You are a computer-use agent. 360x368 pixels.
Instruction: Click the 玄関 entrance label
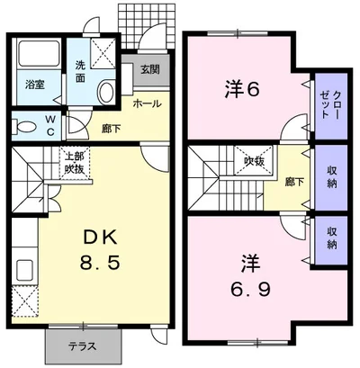coord(150,70)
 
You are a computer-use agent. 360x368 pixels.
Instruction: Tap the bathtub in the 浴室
coord(40,53)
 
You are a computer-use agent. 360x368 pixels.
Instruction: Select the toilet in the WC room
coord(24,127)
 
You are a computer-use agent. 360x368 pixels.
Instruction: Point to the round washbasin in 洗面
coord(105,91)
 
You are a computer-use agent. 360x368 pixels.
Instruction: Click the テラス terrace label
coord(83,346)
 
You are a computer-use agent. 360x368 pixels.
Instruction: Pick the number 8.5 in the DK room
coord(100,264)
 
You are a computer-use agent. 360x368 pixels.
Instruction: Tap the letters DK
coord(100,238)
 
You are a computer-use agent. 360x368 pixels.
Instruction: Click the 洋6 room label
coord(241,89)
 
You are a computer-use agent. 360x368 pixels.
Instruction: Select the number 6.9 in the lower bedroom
coord(250,289)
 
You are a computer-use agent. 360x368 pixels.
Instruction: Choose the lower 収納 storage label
coord(332,238)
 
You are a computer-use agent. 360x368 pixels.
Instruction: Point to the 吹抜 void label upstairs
coord(254,162)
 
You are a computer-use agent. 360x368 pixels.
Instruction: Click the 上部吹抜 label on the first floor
coord(75,163)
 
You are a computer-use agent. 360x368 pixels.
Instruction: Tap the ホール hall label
coord(147,104)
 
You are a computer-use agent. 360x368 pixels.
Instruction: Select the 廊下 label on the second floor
coord(295,182)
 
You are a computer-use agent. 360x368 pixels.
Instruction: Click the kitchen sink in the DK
coord(24,270)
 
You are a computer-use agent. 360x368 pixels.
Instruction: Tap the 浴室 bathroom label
coord(35,85)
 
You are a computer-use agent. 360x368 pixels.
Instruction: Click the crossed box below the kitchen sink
coord(25,301)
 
